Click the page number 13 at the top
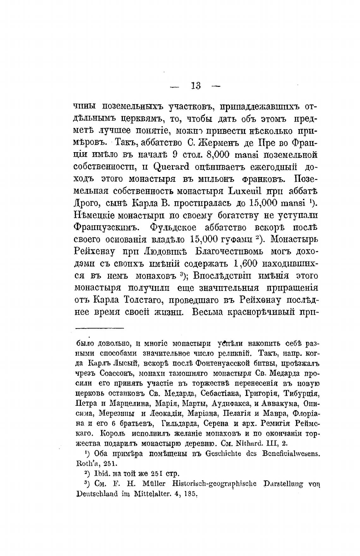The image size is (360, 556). tap(196, 86)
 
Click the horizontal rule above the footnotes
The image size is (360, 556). tap(100, 328)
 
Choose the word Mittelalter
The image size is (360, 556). tap(148, 494)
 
